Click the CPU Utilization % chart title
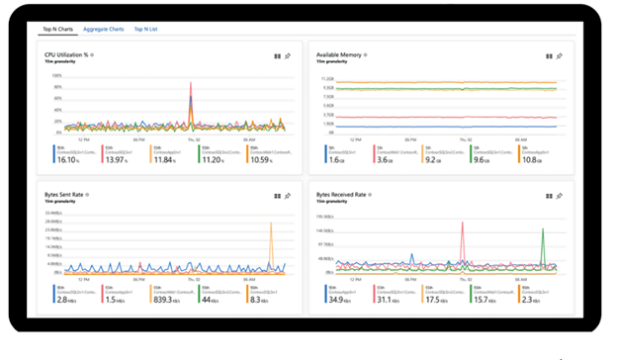[65, 54]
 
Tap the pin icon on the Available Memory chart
[560, 56]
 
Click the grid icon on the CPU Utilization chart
[277, 56]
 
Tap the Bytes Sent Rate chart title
[65, 195]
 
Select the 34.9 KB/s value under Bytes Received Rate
[338, 298]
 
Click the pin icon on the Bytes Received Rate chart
[560, 196]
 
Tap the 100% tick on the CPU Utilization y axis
[56, 75]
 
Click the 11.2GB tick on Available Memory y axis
[327, 76]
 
